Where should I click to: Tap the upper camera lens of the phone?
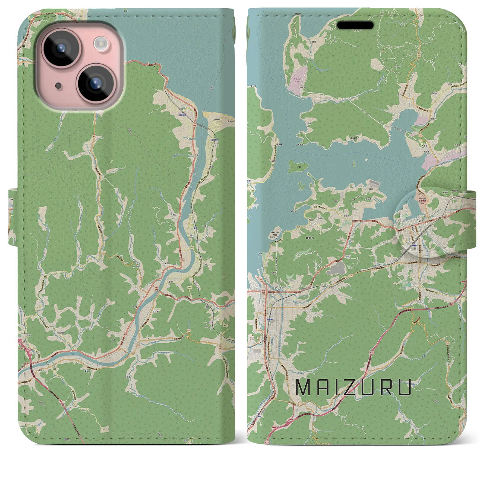tap(59, 48)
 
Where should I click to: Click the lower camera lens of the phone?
tap(95, 83)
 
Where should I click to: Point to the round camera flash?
tap(101, 44)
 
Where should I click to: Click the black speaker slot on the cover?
tap(355, 25)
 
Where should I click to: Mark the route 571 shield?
tap(191, 216)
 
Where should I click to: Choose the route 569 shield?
tap(192, 247)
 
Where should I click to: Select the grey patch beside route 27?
tap(336, 268)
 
